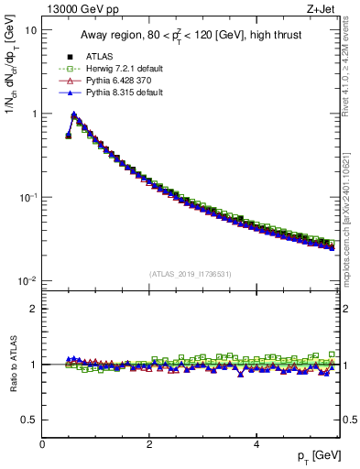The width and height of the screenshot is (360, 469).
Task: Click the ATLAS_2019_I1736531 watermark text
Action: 191,273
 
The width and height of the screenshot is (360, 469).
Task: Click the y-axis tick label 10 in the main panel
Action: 30,30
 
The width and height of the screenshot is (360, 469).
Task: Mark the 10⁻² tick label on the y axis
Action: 27,280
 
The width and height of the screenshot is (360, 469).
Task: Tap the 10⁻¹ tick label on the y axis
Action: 27,197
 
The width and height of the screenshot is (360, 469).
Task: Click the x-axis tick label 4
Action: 256,445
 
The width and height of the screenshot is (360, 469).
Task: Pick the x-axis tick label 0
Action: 42,445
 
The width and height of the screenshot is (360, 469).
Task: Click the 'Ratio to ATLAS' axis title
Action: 12,364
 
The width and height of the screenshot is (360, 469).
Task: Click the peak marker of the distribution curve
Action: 74,115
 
